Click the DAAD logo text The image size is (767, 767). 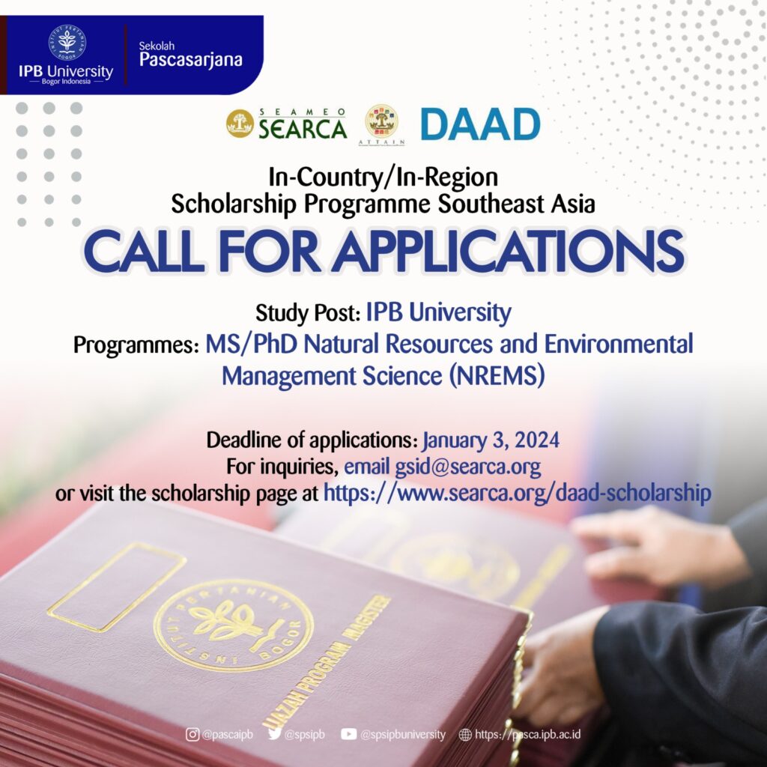pyautogui.click(x=480, y=124)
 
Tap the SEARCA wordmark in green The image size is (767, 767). pyautogui.click(x=303, y=128)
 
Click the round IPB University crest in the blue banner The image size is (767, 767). pyautogui.click(x=67, y=43)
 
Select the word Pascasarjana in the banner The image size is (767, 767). pyautogui.click(x=191, y=60)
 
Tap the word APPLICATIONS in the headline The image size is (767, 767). pyautogui.click(x=509, y=251)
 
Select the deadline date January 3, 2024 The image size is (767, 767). pyautogui.click(x=491, y=440)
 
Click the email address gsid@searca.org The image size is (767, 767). pyautogui.click(x=467, y=467)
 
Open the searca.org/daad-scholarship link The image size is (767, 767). pyautogui.click(x=518, y=493)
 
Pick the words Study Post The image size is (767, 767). pyautogui.click(x=308, y=313)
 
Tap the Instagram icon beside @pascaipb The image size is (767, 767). pyautogui.click(x=192, y=734)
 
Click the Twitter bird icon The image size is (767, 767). pyautogui.click(x=275, y=734)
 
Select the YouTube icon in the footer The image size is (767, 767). pyautogui.click(x=348, y=734)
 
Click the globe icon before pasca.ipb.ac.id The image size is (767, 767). pyautogui.click(x=465, y=734)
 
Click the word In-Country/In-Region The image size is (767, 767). pyautogui.click(x=383, y=177)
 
